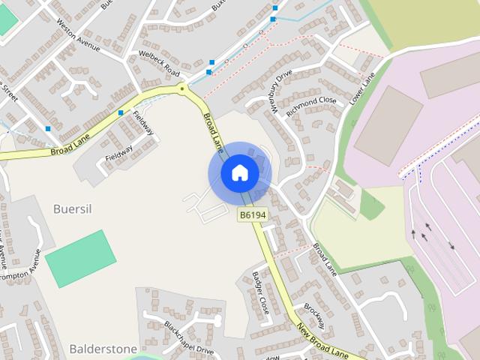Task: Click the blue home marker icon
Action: click(x=239, y=173)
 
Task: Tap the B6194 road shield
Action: click(x=253, y=215)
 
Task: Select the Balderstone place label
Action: click(x=103, y=349)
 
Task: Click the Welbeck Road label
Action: click(x=160, y=63)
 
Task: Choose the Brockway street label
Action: click(x=313, y=315)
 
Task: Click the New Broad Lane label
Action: click(x=322, y=340)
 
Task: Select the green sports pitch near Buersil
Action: click(x=80, y=258)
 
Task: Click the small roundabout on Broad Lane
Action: click(x=181, y=89)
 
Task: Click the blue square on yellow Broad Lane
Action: click(x=121, y=113)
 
